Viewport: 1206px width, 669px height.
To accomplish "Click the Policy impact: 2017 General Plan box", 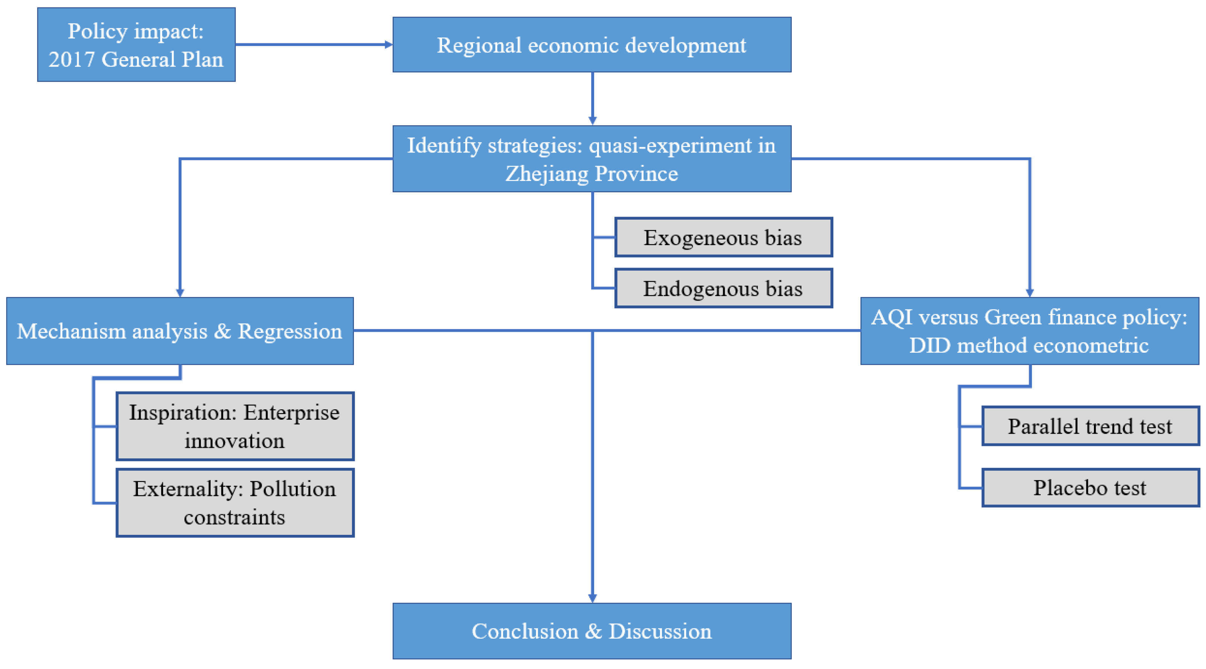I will click(136, 45).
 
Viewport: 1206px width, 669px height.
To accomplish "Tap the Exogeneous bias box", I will click(723, 237).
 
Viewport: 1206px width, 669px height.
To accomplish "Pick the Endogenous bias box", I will click(723, 288).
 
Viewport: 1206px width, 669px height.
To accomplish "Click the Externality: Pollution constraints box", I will click(235, 503).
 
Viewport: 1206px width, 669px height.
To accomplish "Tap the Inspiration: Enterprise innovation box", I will click(235, 427).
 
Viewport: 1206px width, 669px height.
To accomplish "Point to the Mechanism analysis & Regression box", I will click(180, 331).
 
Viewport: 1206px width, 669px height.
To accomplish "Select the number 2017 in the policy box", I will click(72, 60).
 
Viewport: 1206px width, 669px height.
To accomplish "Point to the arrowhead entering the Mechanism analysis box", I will click(180, 293).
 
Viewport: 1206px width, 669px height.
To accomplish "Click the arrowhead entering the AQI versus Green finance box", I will click(1029, 293).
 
